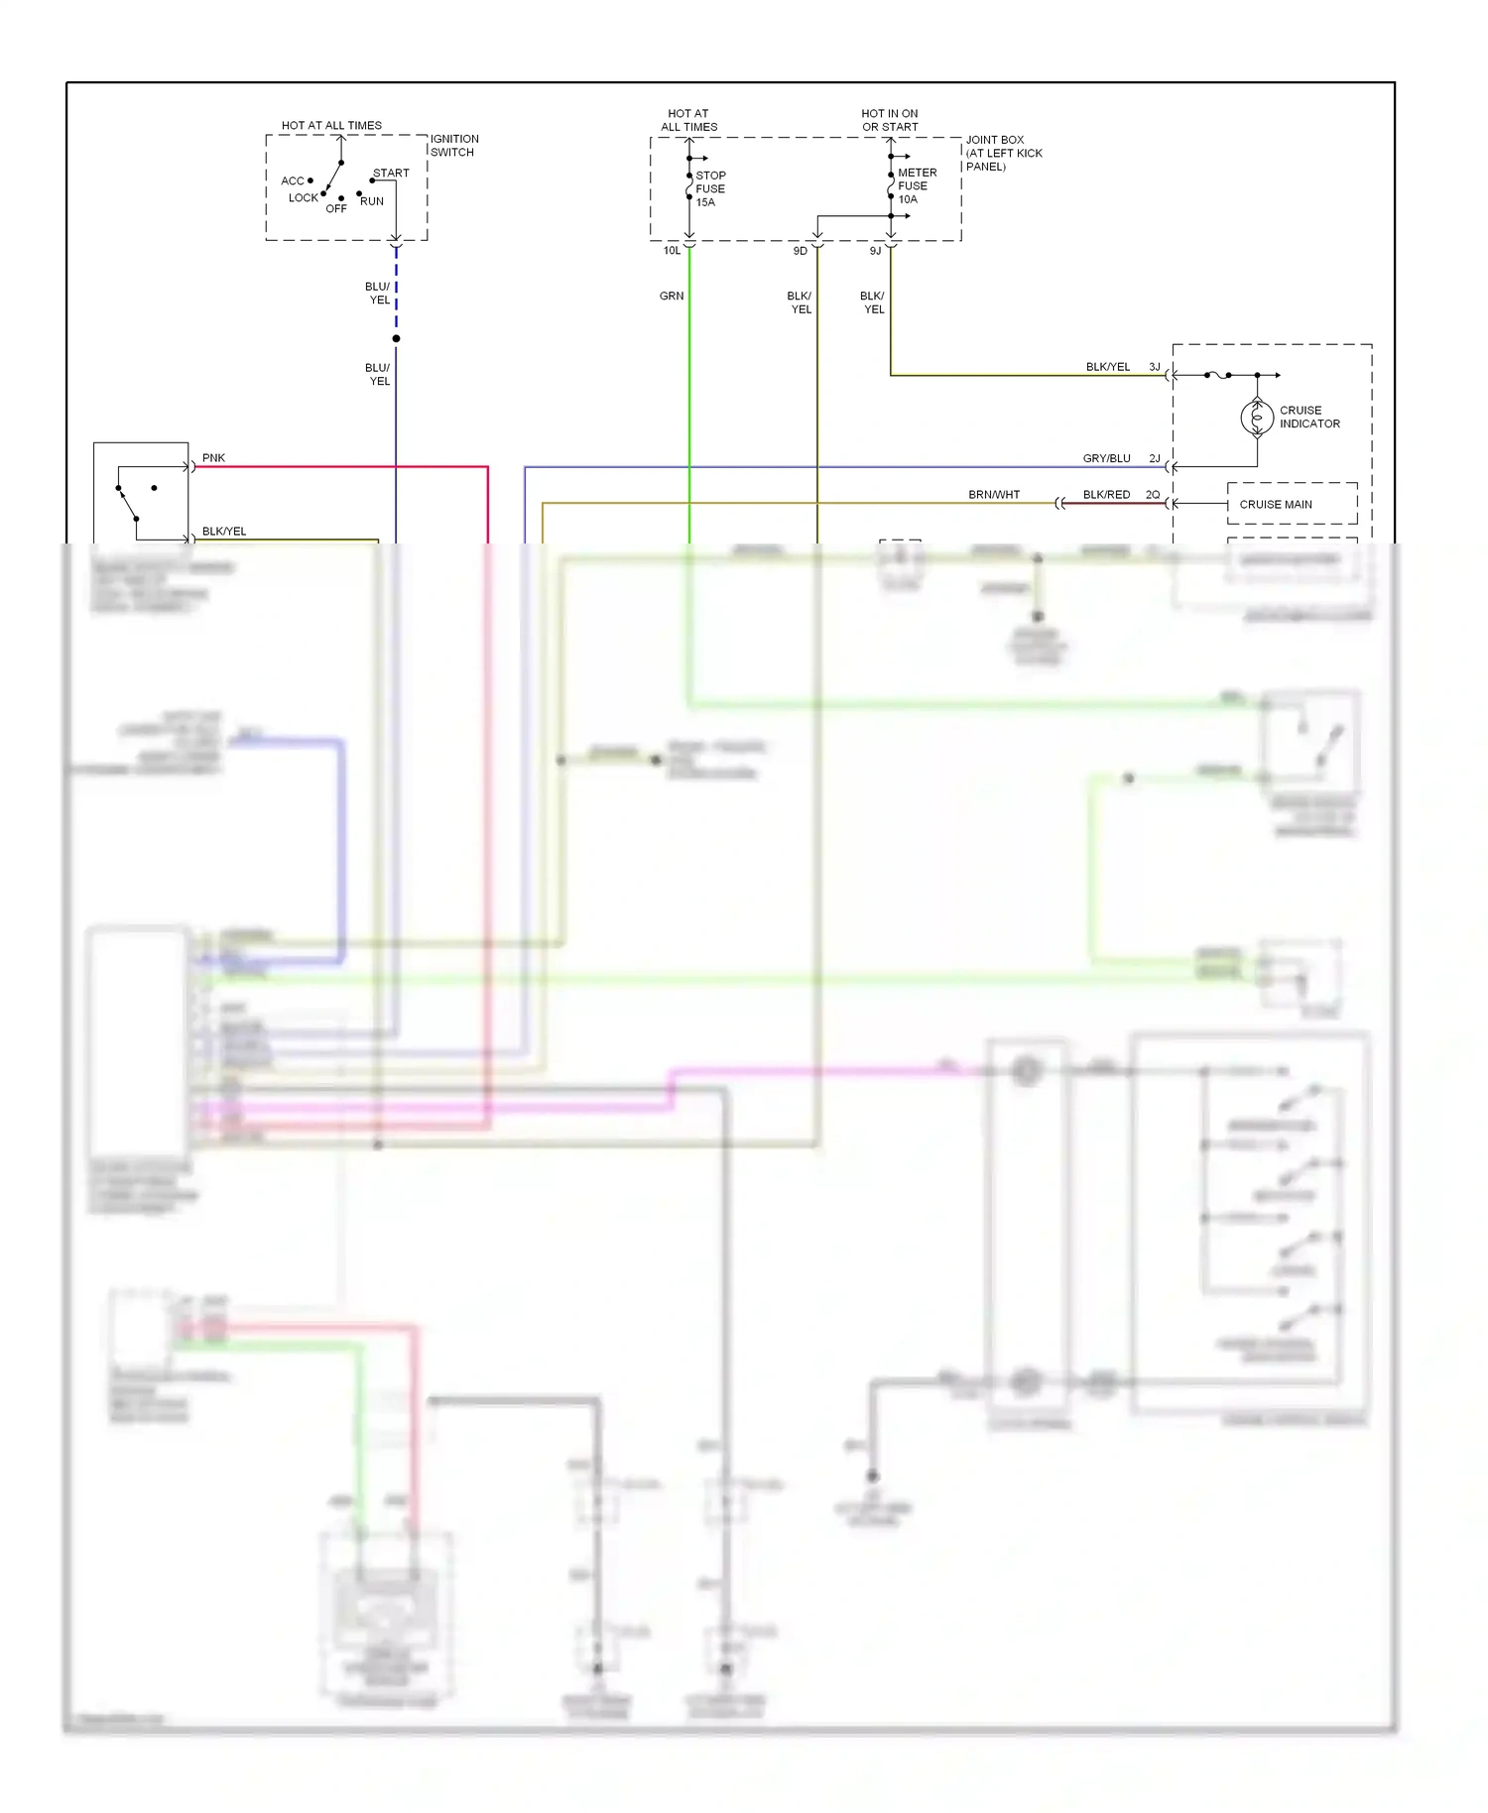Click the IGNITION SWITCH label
[453, 146]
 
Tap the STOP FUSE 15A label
[710, 188]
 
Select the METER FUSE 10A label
[916, 185]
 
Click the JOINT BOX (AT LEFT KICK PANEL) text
[1003, 153]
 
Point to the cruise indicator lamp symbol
[1257, 418]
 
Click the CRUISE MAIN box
[1291, 504]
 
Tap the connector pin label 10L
[672, 251]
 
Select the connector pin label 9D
[800, 251]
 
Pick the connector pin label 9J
[875, 251]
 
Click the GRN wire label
[672, 296]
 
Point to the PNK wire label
[213, 458]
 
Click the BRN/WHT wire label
[994, 494]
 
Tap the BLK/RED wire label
[1106, 494]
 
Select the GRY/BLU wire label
[1106, 458]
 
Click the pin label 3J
[1155, 367]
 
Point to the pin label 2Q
[1153, 494]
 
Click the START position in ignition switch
[391, 173]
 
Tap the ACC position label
[292, 181]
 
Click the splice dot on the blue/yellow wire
[396, 339]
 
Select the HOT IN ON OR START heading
[890, 120]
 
